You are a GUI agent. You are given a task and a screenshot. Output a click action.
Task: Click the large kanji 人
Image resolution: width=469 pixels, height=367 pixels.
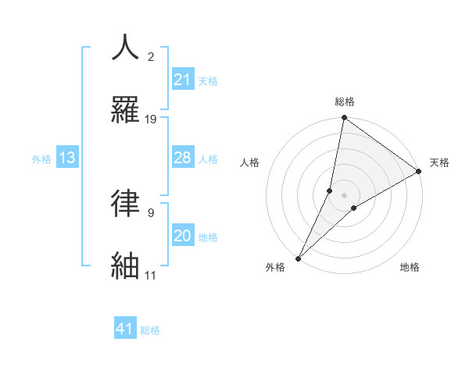126,48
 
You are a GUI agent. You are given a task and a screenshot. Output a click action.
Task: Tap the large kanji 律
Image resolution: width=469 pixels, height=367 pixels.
126,202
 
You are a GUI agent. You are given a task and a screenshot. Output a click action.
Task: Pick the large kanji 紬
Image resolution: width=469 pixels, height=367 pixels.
126,264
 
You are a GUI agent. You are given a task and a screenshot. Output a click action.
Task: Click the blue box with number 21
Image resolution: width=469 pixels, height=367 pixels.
182,79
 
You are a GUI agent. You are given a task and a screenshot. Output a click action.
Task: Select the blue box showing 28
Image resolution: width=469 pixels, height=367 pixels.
182,158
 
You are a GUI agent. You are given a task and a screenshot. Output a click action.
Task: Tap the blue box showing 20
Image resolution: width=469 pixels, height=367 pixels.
182,236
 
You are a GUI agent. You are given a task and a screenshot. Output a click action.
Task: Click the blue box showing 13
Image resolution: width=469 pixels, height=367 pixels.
67,158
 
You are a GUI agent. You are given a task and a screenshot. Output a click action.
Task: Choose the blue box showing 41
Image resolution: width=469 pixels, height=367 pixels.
125,329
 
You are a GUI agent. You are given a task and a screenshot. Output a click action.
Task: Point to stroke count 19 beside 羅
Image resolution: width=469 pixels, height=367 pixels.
151,119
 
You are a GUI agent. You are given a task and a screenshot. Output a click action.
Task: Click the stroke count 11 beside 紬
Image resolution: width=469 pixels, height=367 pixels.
150,276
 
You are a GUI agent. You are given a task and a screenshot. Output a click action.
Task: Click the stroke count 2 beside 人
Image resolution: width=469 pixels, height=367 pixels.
151,57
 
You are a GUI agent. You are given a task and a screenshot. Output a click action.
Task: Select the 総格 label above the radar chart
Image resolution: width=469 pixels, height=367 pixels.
345,102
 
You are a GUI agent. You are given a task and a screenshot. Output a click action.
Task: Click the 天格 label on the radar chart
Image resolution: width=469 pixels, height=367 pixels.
439,162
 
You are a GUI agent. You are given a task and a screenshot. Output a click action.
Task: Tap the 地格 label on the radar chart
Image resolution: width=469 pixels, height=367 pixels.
410,267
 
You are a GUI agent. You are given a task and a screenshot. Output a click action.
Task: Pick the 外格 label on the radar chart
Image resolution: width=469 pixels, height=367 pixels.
275,267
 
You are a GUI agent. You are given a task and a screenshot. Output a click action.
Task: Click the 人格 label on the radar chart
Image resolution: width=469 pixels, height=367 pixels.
249,162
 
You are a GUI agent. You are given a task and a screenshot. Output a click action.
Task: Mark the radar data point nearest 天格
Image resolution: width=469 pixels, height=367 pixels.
419,172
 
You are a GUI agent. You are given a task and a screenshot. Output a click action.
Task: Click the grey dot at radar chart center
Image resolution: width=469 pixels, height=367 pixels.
345,195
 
